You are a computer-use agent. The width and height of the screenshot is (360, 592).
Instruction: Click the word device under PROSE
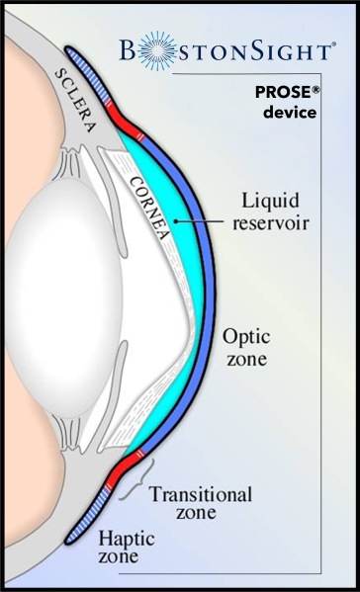(x=290, y=113)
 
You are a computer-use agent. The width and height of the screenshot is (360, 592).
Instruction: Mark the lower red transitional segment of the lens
(x=127, y=472)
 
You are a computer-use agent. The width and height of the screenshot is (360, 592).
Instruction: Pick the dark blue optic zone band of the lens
(x=211, y=296)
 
